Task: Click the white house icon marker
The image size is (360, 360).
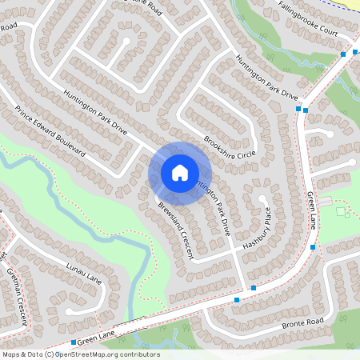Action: pyautogui.click(x=179, y=173)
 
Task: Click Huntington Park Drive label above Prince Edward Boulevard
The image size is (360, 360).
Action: pyautogui.click(x=95, y=110)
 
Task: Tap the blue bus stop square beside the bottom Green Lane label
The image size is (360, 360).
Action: pyautogui.click(x=73, y=343)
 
